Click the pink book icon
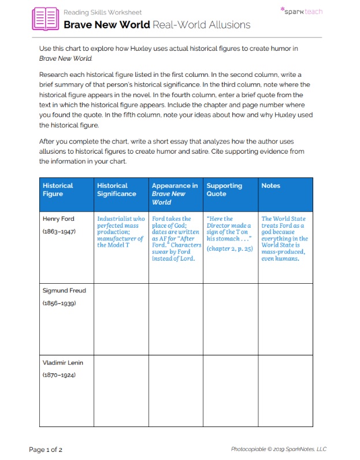[x=46, y=18]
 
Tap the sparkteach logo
[x=301, y=11]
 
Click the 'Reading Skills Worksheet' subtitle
[x=102, y=12]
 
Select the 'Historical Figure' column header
[x=58, y=190]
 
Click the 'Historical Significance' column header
[x=117, y=190]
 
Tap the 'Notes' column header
[x=271, y=186]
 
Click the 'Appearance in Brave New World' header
[x=174, y=194]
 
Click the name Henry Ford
[x=58, y=219]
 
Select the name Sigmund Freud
[x=64, y=291]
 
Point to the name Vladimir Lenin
[x=63, y=363]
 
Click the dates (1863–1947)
[x=59, y=231]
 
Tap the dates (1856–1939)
[x=59, y=303]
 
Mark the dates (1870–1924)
[x=59, y=375]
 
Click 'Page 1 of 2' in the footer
[x=46, y=449]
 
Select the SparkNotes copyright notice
[x=279, y=449]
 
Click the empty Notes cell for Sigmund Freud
[x=285, y=319]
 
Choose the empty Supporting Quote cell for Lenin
[x=231, y=391]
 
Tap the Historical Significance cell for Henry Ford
[x=121, y=232]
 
